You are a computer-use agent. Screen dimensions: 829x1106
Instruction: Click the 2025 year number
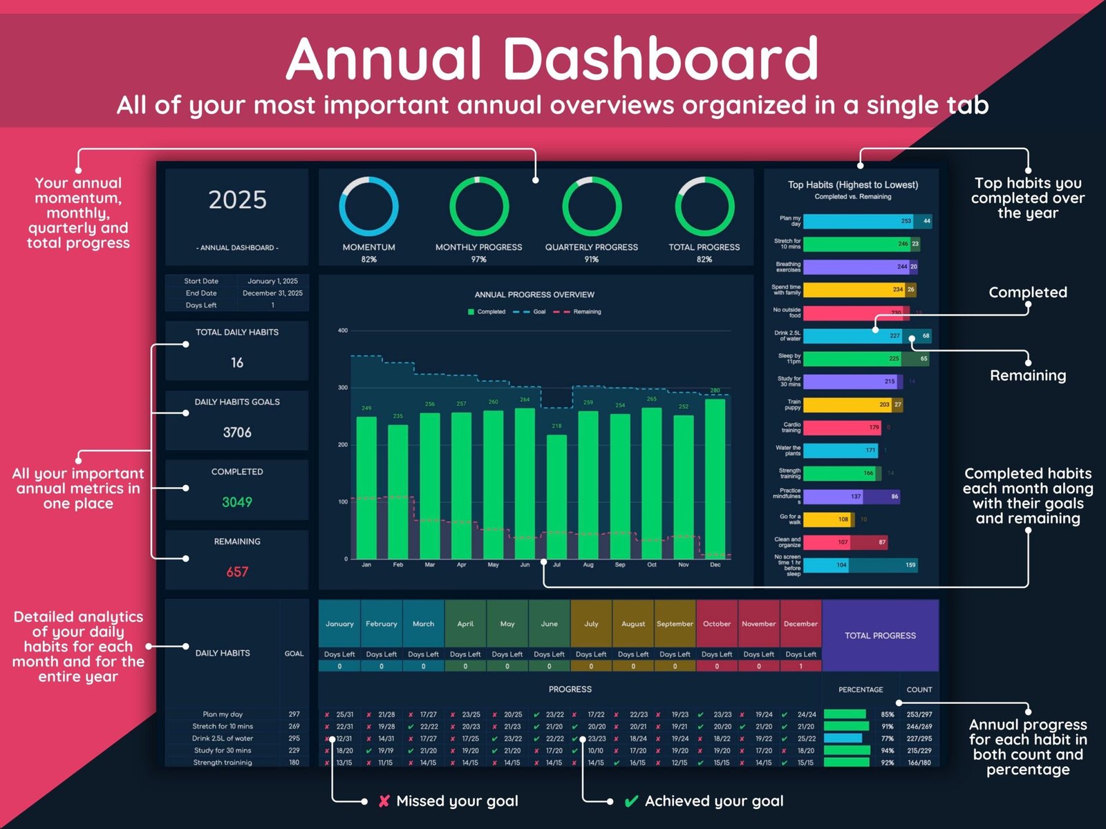pyautogui.click(x=237, y=200)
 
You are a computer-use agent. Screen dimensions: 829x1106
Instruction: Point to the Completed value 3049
pyautogui.click(x=237, y=502)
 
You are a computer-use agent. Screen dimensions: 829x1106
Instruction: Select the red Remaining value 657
pyautogui.click(x=237, y=572)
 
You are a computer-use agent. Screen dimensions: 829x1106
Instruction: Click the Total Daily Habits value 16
pyautogui.click(x=237, y=363)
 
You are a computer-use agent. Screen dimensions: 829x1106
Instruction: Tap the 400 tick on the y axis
pyautogui.click(x=343, y=330)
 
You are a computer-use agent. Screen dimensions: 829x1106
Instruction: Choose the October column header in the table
pyautogui.click(x=717, y=624)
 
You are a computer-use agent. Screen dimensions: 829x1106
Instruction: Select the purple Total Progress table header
pyautogui.click(x=880, y=636)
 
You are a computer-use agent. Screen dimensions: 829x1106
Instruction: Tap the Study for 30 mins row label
pyautogui.click(x=223, y=750)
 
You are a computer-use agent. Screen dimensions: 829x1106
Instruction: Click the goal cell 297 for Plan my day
pyautogui.click(x=294, y=714)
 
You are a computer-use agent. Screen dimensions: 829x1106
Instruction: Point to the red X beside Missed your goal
pyautogui.click(x=384, y=801)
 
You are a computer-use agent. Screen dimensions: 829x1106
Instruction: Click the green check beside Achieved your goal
pyautogui.click(x=630, y=801)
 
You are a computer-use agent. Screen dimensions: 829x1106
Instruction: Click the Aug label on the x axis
pyautogui.click(x=588, y=565)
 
